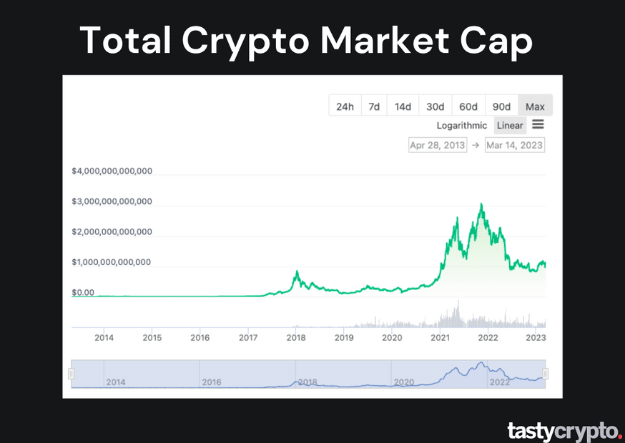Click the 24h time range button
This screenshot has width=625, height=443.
tap(345, 106)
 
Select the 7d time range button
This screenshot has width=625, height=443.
tap(374, 106)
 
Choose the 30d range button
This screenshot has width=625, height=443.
tap(435, 106)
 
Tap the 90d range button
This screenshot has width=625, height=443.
tap(501, 106)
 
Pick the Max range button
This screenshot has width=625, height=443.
tap(535, 106)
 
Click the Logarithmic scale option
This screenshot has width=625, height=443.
tap(463, 125)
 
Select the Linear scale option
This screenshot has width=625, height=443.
tap(510, 125)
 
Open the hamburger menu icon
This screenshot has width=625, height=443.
tap(538, 124)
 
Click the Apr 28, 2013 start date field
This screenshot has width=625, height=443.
tap(437, 145)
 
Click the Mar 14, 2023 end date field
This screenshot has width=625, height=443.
tap(514, 145)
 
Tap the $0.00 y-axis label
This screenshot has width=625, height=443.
tap(83, 292)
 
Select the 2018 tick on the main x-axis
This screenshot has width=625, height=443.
tap(296, 337)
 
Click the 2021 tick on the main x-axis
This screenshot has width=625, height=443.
tap(440, 337)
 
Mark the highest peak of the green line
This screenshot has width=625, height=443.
tap(481, 204)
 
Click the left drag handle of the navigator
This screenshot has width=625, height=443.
tap(71, 374)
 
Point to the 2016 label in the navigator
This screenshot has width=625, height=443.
tap(212, 382)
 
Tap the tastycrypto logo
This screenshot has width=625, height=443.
tap(564, 431)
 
